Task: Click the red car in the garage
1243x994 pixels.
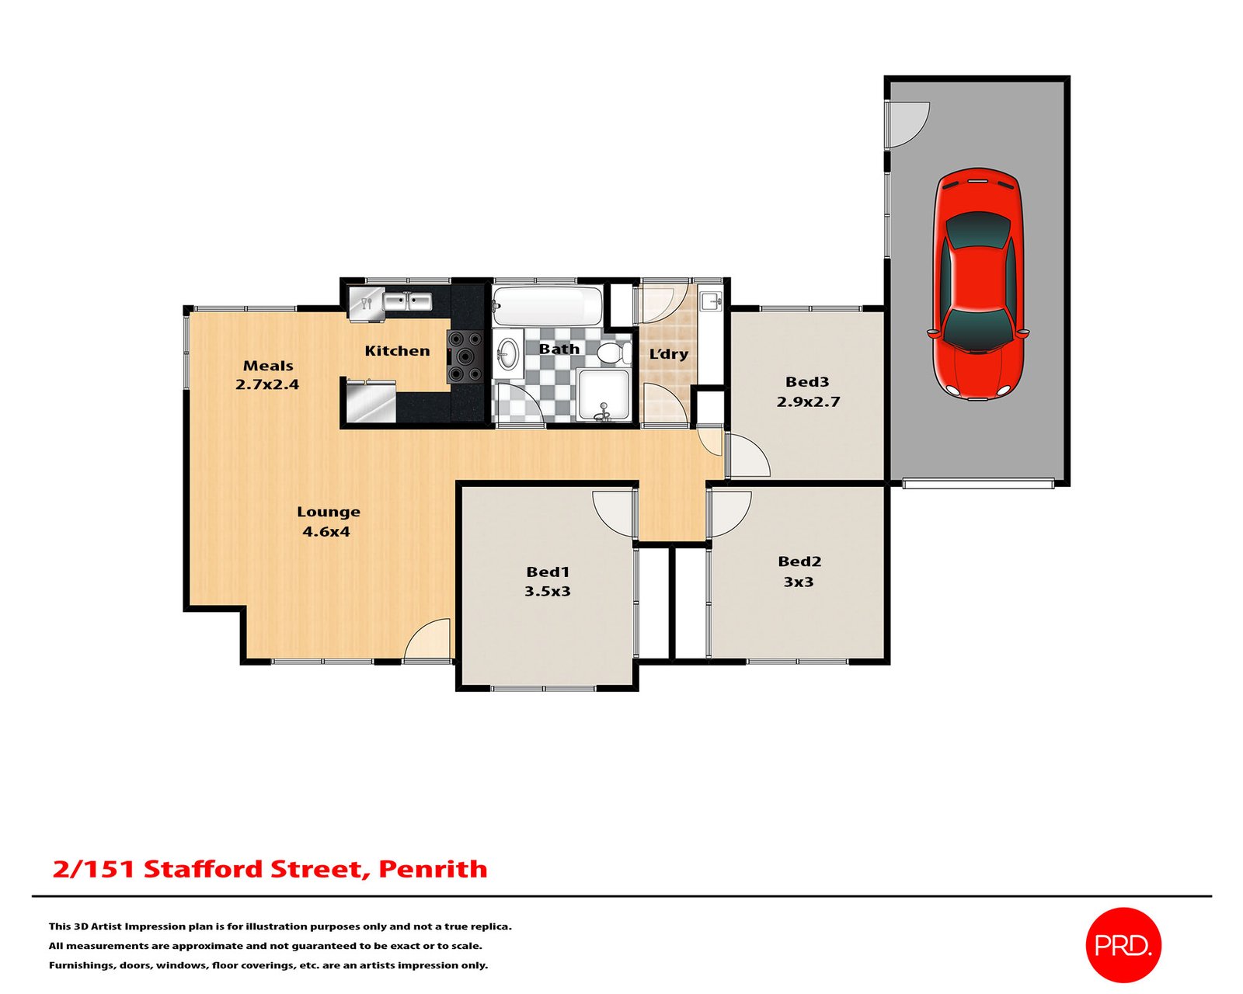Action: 978,283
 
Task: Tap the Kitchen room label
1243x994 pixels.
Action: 397,351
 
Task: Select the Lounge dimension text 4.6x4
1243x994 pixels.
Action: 326,532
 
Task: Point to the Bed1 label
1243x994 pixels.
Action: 548,572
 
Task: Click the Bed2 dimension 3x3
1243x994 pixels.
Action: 799,582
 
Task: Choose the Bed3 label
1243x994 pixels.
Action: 807,382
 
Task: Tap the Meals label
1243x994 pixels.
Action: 268,366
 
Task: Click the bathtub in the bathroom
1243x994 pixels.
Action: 548,307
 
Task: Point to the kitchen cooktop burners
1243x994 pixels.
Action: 465,357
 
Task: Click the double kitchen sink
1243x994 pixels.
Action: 407,301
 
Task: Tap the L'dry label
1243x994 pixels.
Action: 669,354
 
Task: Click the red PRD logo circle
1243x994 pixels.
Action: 1123,945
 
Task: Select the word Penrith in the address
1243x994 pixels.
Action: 433,869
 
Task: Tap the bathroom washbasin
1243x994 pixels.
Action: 507,353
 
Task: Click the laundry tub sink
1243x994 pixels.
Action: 710,300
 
